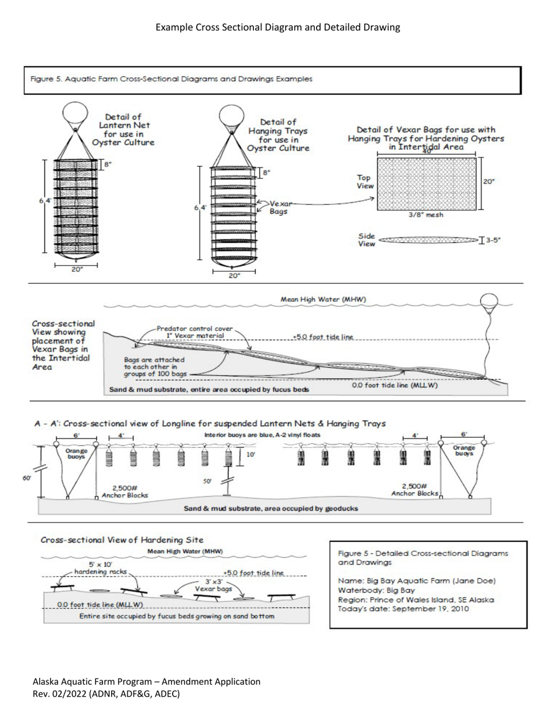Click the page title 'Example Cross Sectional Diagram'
click(x=278, y=28)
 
